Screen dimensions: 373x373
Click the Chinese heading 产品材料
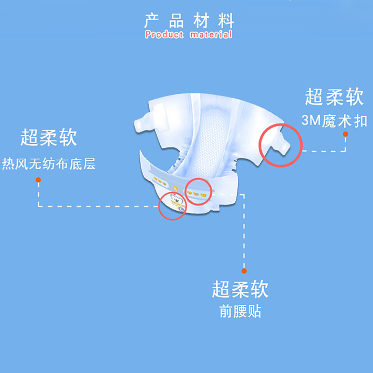tap(189, 21)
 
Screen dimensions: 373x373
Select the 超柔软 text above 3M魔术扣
tap(334, 97)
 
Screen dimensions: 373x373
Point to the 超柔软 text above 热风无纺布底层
tap(48, 138)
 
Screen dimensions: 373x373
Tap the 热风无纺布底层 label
tap(48, 164)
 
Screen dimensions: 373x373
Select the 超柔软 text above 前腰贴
tap(241, 289)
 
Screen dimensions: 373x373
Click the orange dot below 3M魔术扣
tap(345, 134)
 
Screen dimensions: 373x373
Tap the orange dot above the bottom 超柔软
tap(243, 269)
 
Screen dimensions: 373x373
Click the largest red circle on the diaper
tap(281, 145)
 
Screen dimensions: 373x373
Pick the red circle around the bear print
tap(173, 207)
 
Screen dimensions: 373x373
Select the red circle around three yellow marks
tap(198, 192)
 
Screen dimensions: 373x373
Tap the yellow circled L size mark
tap(174, 188)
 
